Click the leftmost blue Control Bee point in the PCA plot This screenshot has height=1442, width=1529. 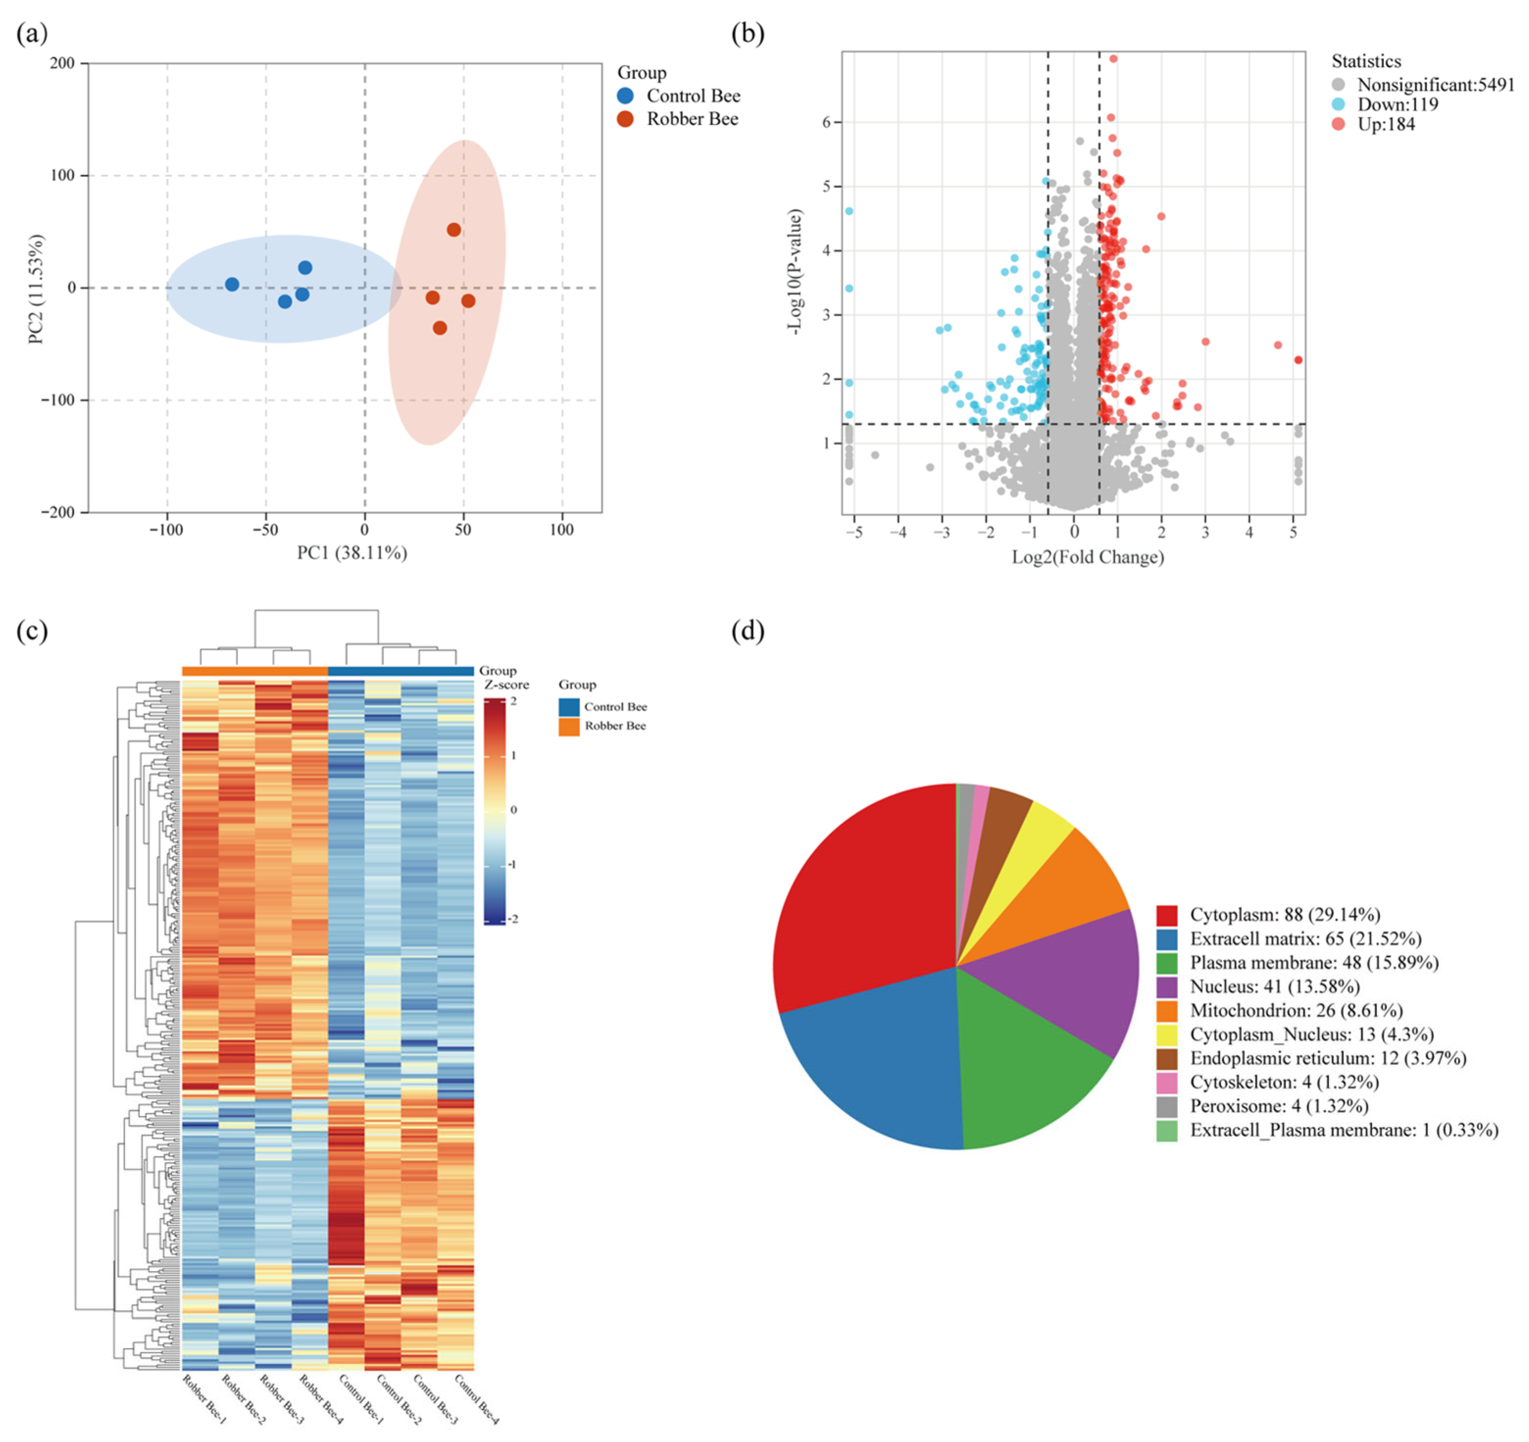click(231, 285)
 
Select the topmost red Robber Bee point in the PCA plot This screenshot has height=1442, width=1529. click(454, 230)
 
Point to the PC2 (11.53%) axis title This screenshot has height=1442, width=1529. click(35, 288)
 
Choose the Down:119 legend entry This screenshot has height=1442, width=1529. click(1397, 104)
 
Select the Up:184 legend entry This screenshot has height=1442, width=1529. click(1385, 124)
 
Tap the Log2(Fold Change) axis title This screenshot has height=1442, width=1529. click(1087, 557)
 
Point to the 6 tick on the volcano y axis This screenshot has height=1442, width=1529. click(827, 122)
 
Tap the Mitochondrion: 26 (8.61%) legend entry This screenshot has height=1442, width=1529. click(1296, 1011)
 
